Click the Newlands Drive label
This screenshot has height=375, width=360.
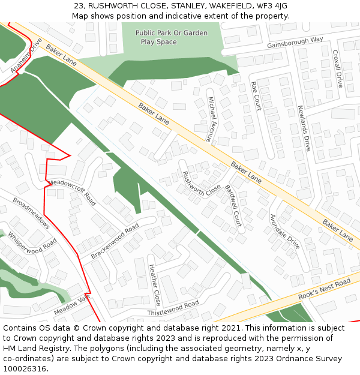tap(304, 128)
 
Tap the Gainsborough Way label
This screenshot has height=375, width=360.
tap(295, 43)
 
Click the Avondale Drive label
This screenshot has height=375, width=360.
tap(284, 232)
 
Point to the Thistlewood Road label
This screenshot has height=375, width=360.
tap(173, 308)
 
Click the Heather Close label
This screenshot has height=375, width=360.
tap(154, 284)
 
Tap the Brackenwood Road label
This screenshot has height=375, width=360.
tap(115, 241)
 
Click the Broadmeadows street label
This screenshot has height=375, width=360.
tap(31, 214)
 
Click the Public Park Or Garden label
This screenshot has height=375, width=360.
tap(171, 33)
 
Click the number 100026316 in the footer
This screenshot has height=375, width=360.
tap(25, 368)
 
